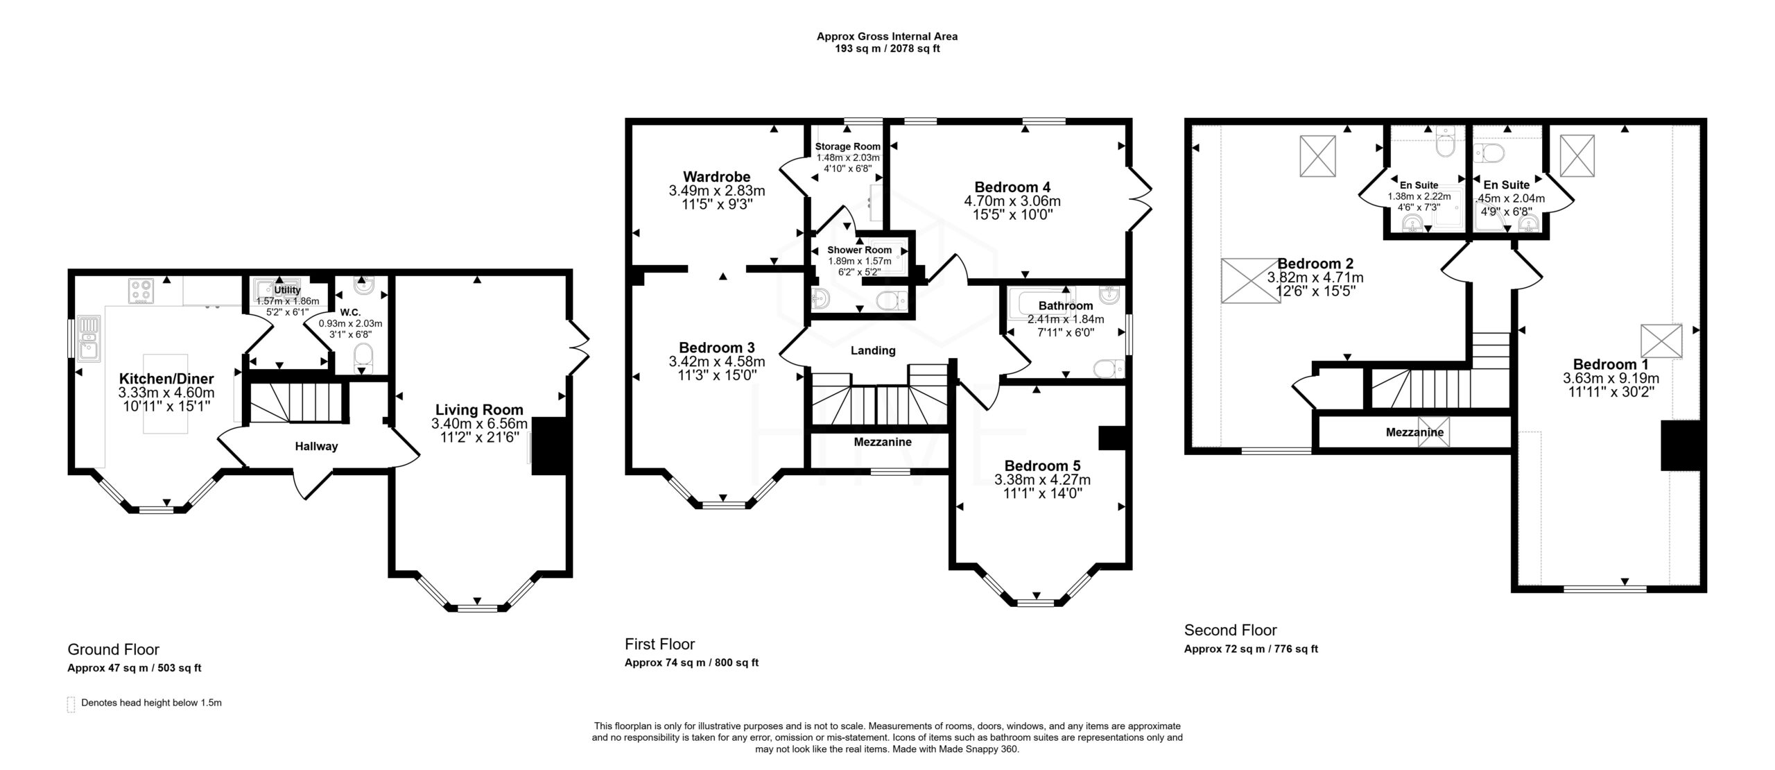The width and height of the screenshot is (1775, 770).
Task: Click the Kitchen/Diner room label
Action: point(166,379)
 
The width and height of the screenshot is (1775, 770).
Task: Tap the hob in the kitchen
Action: point(141,291)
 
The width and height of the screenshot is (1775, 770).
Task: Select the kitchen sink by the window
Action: point(89,337)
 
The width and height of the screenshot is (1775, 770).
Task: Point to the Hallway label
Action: point(316,447)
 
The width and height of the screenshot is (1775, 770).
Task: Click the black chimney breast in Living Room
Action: point(551,445)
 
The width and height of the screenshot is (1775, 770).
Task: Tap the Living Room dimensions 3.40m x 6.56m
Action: point(479,424)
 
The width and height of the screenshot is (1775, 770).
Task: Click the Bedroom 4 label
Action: point(1012,187)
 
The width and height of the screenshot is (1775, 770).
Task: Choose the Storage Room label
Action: point(847,146)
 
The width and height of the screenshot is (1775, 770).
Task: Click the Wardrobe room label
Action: point(716,177)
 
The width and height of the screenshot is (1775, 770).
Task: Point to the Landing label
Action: point(873,351)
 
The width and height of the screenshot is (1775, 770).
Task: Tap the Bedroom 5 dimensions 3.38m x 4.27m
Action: point(1042,479)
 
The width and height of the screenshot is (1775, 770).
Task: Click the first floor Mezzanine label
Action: point(883,442)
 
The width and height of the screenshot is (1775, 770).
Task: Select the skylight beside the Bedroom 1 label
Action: point(1661,342)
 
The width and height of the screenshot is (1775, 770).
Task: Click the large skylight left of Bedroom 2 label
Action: point(1252,281)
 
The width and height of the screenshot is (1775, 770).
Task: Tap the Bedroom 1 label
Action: point(1611,365)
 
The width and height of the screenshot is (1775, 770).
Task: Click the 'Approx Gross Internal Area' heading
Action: point(887,37)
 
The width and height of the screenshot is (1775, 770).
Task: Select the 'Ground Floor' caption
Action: point(113,650)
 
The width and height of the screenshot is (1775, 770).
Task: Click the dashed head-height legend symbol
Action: point(71,704)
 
